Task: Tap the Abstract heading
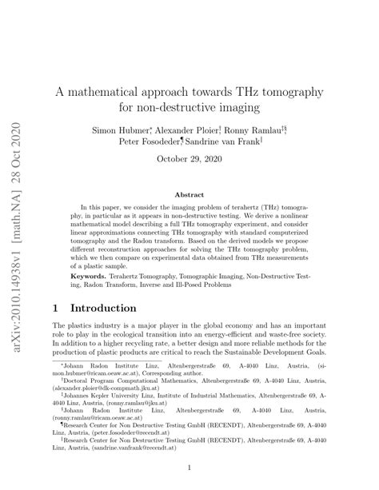click(x=189, y=194)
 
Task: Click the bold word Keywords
click(x=88, y=275)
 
